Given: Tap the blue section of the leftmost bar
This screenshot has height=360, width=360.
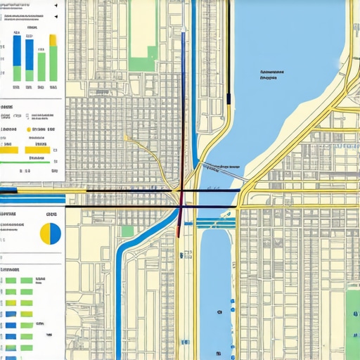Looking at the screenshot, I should point(17,49).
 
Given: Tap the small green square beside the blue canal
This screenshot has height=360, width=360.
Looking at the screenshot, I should point(127,231).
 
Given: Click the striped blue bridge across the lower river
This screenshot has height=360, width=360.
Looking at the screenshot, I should point(215,224).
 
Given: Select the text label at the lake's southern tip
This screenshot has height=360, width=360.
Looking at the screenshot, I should point(220,168).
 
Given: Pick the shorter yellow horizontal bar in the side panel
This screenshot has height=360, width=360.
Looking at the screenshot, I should point(9,149).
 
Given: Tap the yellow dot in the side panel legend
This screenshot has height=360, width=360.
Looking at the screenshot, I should point(29,130).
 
